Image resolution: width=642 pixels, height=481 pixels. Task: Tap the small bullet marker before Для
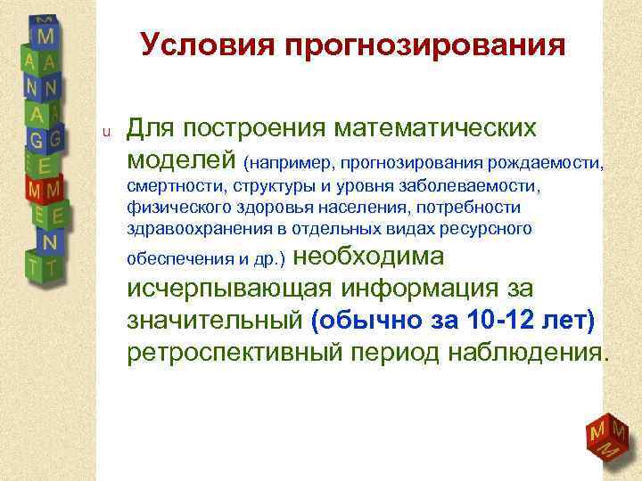click(x=104, y=133)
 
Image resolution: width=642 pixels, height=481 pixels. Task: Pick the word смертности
click(x=167, y=187)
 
